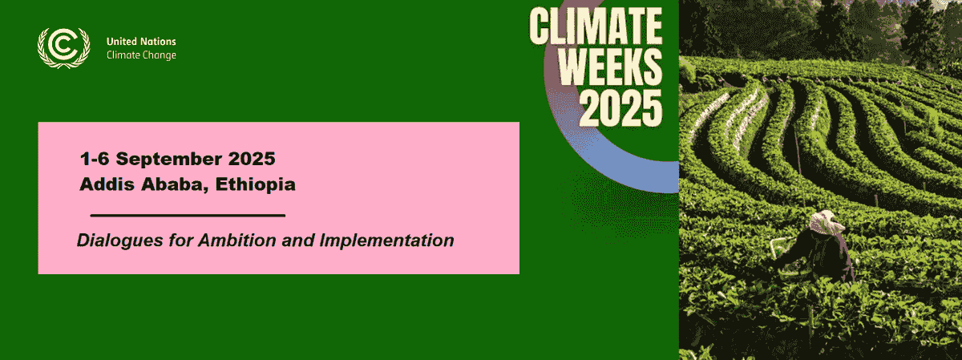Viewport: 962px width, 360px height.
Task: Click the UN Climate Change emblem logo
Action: (x=64, y=47)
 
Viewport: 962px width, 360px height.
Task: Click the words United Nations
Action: (x=141, y=42)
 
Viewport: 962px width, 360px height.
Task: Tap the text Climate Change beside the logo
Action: (x=141, y=55)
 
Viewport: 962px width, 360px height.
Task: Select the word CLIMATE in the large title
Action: (x=596, y=26)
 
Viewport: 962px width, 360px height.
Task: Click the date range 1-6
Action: (x=95, y=159)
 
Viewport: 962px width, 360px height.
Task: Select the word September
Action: (x=169, y=160)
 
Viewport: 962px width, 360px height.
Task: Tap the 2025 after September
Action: (x=252, y=159)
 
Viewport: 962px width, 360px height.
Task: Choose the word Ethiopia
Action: (x=255, y=185)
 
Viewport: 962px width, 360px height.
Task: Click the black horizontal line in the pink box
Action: (x=188, y=215)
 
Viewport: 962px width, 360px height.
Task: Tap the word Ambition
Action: (x=237, y=241)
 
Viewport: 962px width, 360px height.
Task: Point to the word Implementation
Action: (x=386, y=241)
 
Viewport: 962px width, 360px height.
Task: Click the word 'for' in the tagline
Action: (x=181, y=241)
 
